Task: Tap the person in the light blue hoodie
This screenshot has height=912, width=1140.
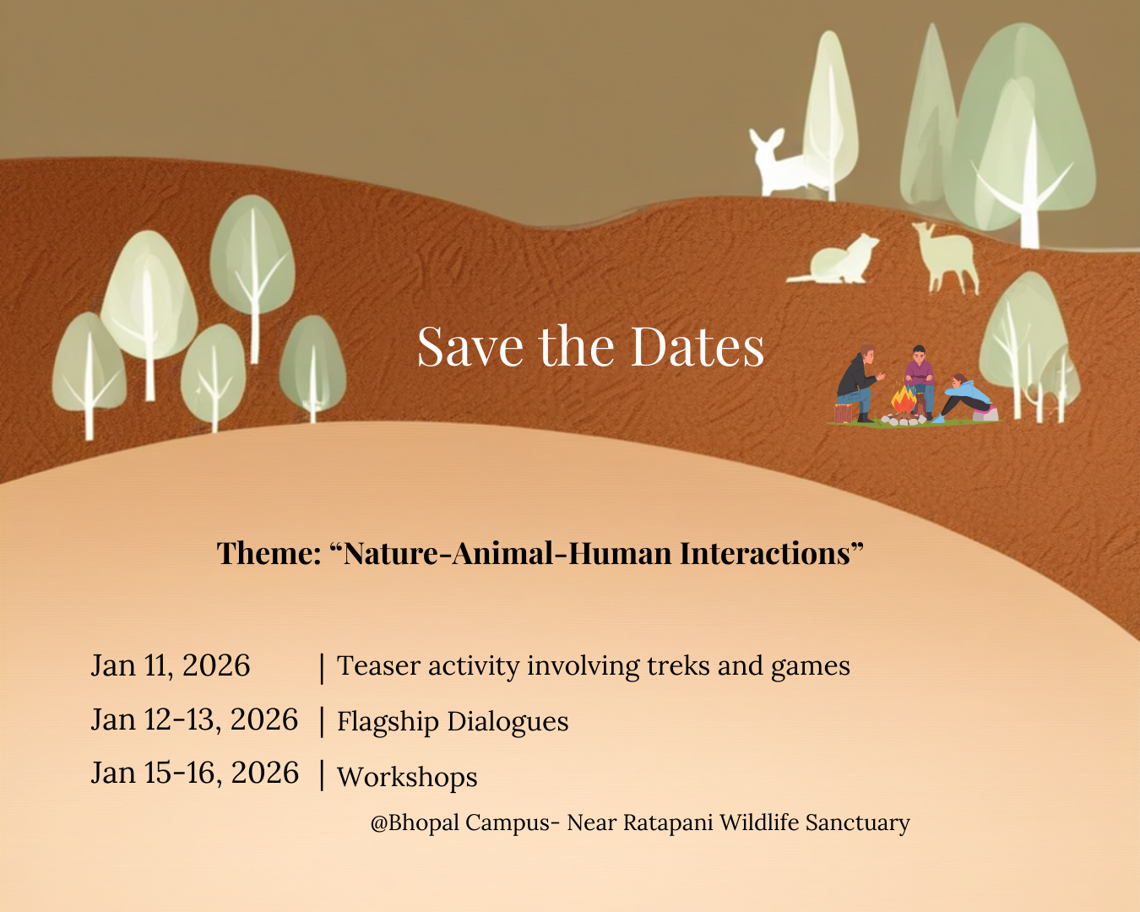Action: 964,398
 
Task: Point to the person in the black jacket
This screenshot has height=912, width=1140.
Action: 858,383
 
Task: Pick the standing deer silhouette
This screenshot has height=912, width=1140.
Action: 946,257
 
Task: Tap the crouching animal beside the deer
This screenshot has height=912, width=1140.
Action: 836,259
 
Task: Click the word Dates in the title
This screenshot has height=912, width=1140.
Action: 698,346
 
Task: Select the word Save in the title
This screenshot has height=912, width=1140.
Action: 470,346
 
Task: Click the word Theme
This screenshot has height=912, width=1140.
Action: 269,553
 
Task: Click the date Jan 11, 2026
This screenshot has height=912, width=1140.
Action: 170,665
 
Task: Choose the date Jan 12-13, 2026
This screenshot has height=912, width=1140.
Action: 194,719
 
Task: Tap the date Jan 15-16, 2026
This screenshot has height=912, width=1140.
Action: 195,773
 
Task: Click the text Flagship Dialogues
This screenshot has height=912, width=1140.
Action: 453,722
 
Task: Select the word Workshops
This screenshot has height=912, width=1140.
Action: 407,778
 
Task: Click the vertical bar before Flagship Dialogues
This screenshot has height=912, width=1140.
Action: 322,721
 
